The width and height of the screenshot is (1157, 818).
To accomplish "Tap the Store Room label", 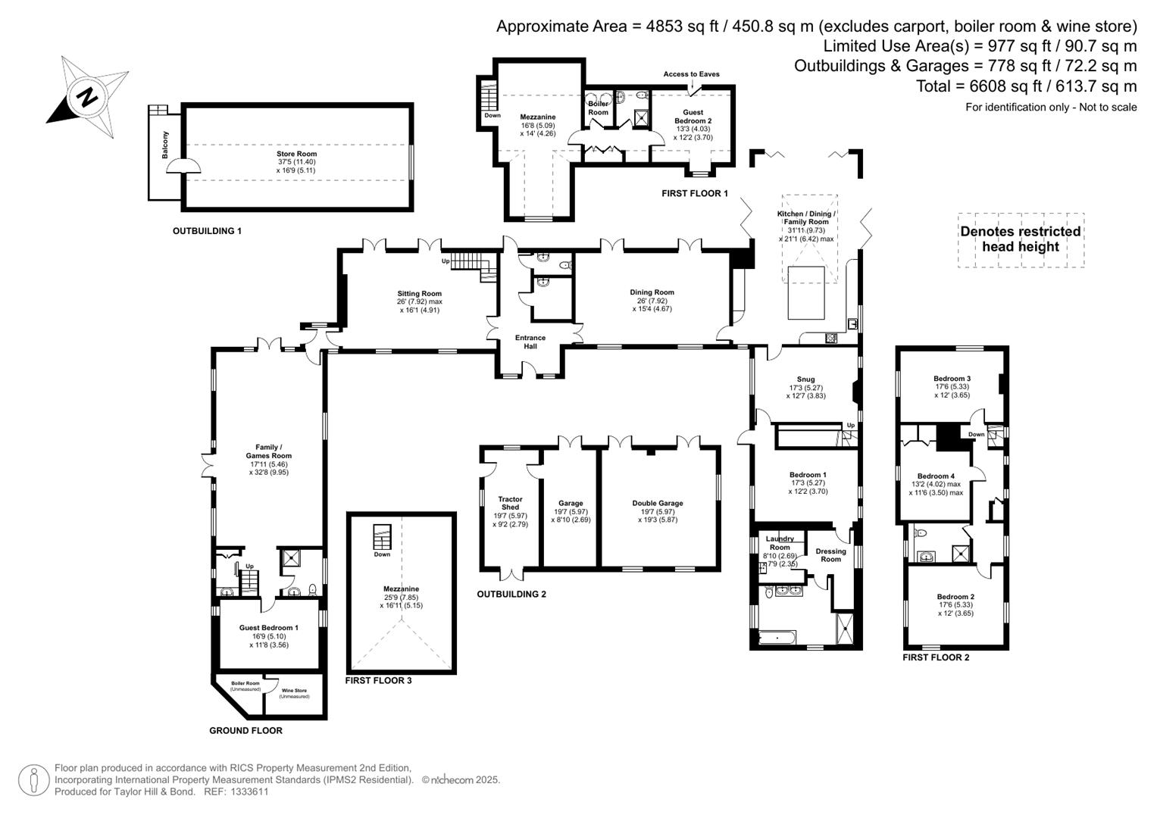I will pyautogui.click(x=296, y=155).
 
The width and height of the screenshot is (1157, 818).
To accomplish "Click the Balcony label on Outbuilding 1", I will pyautogui.click(x=165, y=145).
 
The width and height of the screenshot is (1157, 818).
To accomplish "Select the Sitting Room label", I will pyautogui.click(x=419, y=294).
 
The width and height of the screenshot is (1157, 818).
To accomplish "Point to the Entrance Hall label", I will pyautogui.click(x=530, y=342).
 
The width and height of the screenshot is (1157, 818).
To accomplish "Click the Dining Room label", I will pyautogui.click(x=652, y=292).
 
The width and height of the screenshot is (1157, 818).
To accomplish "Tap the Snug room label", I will pyautogui.click(x=805, y=379).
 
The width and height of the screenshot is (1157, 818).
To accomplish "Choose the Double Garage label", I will pyautogui.click(x=658, y=503).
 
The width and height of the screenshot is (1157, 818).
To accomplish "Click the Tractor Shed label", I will pyautogui.click(x=510, y=503).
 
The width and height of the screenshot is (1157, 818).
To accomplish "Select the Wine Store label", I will pyautogui.click(x=294, y=691).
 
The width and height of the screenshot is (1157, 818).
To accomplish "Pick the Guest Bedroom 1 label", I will pyautogui.click(x=268, y=628).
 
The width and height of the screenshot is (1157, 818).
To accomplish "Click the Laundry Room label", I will pyautogui.click(x=780, y=542).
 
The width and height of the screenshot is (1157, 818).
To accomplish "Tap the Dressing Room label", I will pyautogui.click(x=830, y=555).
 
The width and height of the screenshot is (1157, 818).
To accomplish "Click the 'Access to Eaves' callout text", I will pyautogui.click(x=691, y=74).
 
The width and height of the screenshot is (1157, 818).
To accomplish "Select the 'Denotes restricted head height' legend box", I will pyautogui.click(x=1021, y=239).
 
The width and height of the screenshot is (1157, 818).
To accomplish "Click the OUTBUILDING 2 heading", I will pyautogui.click(x=511, y=595).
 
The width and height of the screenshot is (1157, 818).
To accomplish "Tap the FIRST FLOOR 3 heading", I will pyautogui.click(x=378, y=680).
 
